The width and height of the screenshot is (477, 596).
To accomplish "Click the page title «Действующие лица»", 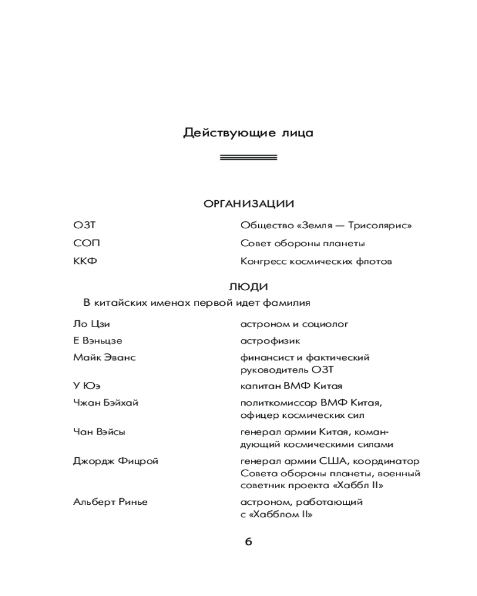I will pyautogui.click(x=248, y=133).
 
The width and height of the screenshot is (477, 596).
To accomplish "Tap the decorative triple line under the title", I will pyautogui.click(x=248, y=157).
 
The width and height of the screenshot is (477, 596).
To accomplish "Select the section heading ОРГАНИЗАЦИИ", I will pyautogui.click(x=249, y=204).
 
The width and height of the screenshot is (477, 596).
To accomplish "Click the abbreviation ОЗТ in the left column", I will pyautogui.click(x=84, y=225).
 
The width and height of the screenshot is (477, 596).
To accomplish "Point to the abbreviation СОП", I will pyautogui.click(x=86, y=243).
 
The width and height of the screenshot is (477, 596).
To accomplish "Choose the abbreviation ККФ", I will pyautogui.click(x=85, y=261).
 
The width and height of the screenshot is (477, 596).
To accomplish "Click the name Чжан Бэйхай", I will pyautogui.click(x=106, y=403).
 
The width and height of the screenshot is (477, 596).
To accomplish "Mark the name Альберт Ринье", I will pyautogui.click(x=110, y=502).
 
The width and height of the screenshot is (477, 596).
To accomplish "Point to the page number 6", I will pyautogui.click(x=249, y=542).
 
